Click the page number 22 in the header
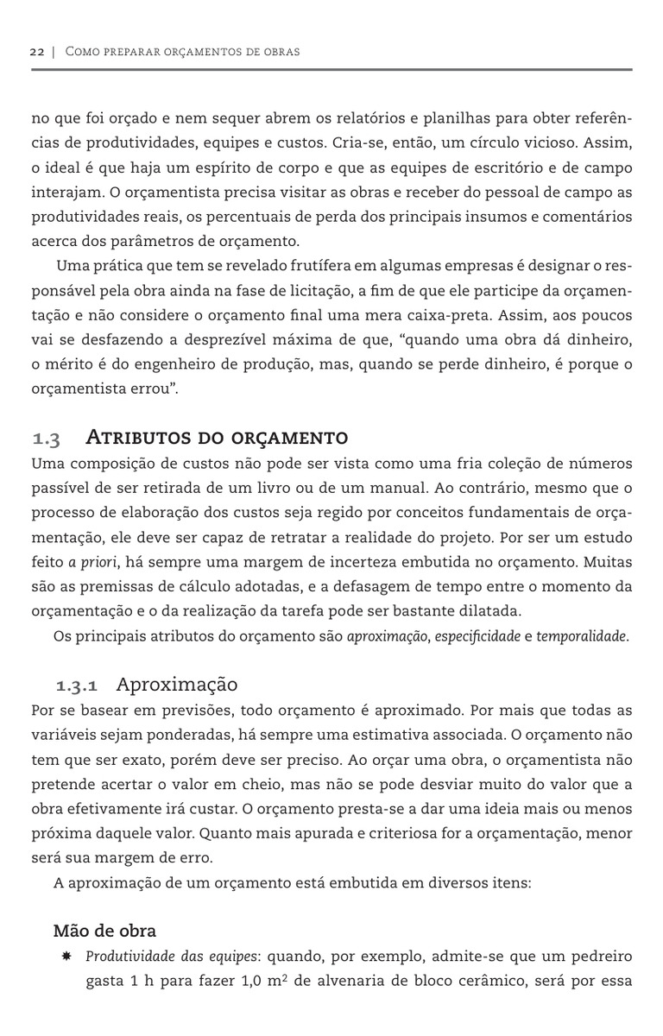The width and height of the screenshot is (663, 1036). [37, 52]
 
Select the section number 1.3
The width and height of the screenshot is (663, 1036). [46, 439]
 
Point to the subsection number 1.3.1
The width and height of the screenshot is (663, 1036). [77, 687]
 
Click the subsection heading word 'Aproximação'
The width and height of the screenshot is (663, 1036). [176, 685]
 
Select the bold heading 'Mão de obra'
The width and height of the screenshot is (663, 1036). [104, 931]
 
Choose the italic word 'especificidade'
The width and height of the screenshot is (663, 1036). [477, 638]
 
